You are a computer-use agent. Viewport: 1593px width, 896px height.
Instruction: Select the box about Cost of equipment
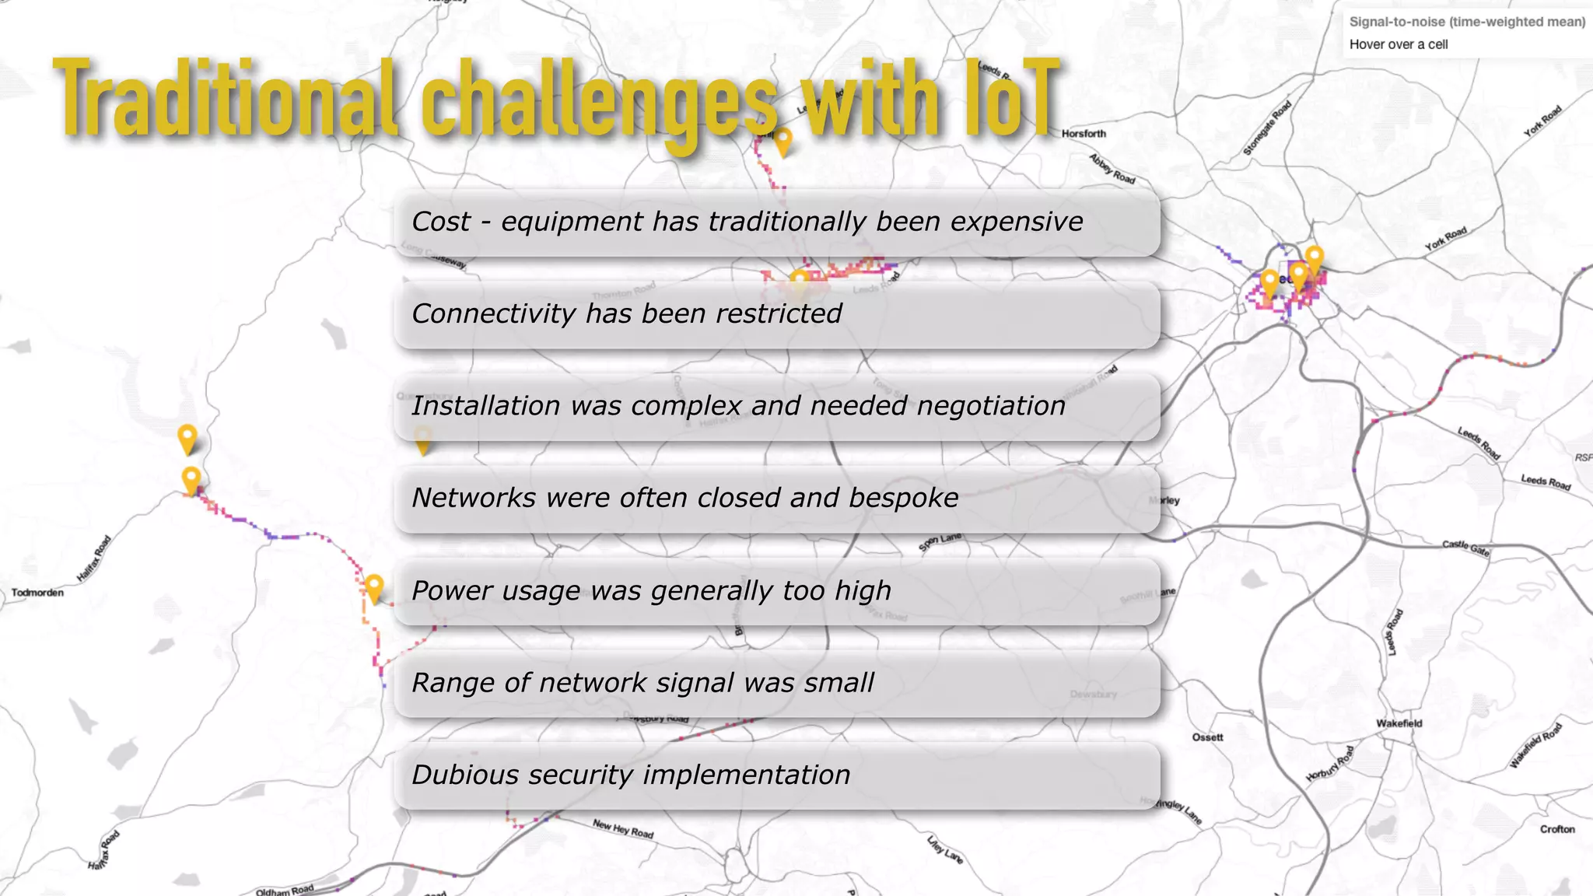coord(776,222)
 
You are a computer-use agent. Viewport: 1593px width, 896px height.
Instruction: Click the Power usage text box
coord(776,591)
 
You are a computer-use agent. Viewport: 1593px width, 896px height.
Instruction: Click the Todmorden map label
coord(37,593)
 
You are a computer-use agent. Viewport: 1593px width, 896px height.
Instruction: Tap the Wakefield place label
coord(1399,723)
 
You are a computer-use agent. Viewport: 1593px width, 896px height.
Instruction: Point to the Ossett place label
coord(1207,737)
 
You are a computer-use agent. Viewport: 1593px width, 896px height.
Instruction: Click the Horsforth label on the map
coord(1083,134)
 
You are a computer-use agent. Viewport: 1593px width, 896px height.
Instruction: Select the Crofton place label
coord(1556,829)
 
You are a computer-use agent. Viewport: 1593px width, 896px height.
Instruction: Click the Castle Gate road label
coord(1465,548)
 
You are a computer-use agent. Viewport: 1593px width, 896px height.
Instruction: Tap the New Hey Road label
coord(622,828)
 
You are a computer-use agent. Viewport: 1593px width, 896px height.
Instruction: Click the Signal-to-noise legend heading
coord(1466,22)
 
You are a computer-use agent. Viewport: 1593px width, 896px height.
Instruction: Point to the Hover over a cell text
coord(1398,44)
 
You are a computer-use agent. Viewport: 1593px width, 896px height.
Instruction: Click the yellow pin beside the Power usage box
coord(374,586)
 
